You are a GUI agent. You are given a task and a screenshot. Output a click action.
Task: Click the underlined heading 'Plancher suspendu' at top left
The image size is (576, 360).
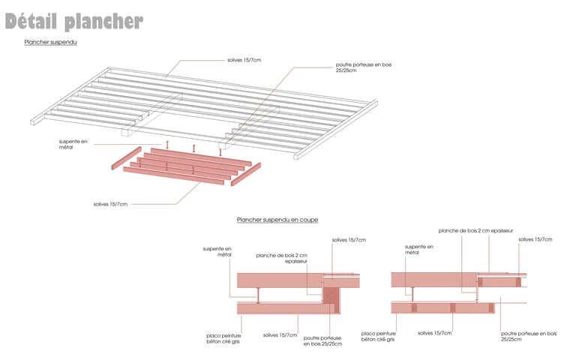tap(51, 43)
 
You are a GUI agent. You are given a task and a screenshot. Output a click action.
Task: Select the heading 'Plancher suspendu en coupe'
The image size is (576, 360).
tap(277, 220)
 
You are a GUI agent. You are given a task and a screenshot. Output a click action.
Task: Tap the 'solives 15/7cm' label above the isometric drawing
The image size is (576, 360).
tap(245, 59)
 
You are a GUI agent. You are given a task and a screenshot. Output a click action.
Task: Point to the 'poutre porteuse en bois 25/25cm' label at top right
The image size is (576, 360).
tap(364, 68)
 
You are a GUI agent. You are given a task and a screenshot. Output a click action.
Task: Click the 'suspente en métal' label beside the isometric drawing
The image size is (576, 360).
tap(73, 144)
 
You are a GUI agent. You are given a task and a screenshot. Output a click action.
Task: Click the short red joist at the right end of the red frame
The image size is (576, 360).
tap(245, 173)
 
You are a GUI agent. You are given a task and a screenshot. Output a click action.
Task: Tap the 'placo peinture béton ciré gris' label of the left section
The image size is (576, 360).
tap(223, 338)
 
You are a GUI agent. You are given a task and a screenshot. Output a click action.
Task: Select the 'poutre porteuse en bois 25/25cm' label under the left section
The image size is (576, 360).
tap(323, 340)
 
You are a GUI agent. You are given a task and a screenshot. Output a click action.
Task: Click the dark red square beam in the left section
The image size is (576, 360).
tap(331, 295)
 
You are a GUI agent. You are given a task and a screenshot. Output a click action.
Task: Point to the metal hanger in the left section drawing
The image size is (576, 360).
tap(257, 295)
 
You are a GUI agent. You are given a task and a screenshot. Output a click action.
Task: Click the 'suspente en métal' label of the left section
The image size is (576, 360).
tap(217, 251)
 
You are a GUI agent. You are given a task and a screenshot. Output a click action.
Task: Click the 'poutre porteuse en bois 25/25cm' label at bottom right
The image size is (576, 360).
tap(529, 336)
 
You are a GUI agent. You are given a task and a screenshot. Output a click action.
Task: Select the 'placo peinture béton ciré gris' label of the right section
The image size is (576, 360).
tap(378, 337)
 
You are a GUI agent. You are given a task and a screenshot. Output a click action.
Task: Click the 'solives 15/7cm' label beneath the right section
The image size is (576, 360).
tap(435, 333)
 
